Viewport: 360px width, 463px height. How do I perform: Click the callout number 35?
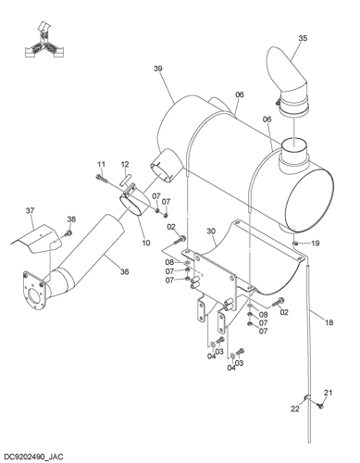coord(303,38)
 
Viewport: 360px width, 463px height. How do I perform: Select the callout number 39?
coord(158,69)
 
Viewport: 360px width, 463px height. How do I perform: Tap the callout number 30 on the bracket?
coord(211,231)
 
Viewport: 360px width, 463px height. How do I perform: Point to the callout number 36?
coord(124,272)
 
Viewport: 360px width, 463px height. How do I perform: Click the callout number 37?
coord(30,210)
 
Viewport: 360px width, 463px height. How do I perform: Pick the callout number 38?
coord(71,219)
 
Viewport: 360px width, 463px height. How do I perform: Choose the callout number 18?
coord(329,322)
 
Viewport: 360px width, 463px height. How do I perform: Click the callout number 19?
coord(315,244)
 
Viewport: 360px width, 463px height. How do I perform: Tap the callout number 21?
coord(329,393)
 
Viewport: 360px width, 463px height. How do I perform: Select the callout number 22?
coord(295,408)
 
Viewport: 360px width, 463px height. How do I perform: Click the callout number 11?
coord(101,165)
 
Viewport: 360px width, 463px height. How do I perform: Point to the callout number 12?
coord(125,165)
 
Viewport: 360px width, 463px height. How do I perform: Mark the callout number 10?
coord(146,243)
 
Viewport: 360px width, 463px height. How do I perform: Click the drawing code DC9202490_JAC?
coord(33,457)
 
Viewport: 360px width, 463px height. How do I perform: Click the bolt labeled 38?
coord(68,233)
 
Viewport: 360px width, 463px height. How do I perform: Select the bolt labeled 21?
coord(319,406)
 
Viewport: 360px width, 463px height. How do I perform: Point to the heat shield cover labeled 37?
coord(37,239)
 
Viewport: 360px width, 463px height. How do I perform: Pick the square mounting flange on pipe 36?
coord(34,291)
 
